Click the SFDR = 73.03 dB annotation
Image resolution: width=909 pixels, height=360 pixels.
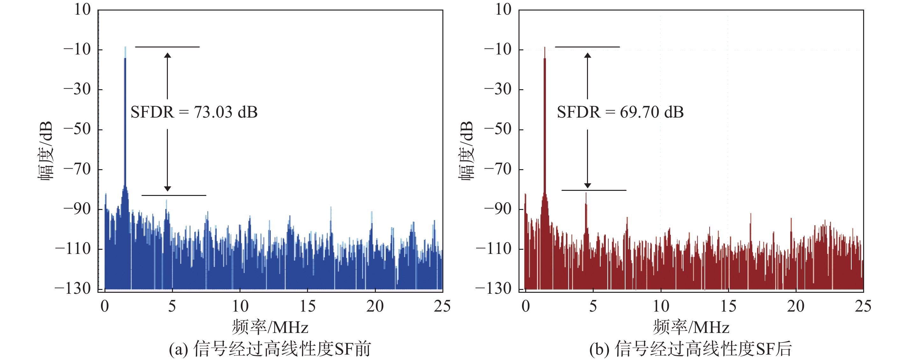[x=194, y=112]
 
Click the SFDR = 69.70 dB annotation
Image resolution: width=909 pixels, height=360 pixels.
[x=620, y=112]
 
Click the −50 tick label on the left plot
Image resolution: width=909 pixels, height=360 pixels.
[x=77, y=129]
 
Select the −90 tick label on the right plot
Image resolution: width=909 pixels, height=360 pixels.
[x=498, y=209]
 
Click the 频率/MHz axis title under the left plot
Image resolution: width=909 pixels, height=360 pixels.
[x=270, y=327]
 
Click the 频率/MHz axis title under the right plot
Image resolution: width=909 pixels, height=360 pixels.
[x=691, y=327]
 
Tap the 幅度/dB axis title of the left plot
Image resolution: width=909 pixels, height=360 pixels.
[x=46, y=151]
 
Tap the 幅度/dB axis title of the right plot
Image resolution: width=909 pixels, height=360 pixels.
[x=467, y=151]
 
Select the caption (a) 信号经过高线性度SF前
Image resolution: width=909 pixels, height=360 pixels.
[x=270, y=349]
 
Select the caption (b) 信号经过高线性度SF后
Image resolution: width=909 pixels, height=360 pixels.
[x=691, y=349]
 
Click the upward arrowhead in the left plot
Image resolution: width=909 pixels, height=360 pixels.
[x=168, y=55]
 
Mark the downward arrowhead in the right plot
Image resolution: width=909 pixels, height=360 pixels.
[x=588, y=186]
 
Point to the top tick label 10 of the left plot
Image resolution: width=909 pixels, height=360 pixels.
[x=82, y=10]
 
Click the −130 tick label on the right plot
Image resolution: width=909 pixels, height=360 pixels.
[x=493, y=289]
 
